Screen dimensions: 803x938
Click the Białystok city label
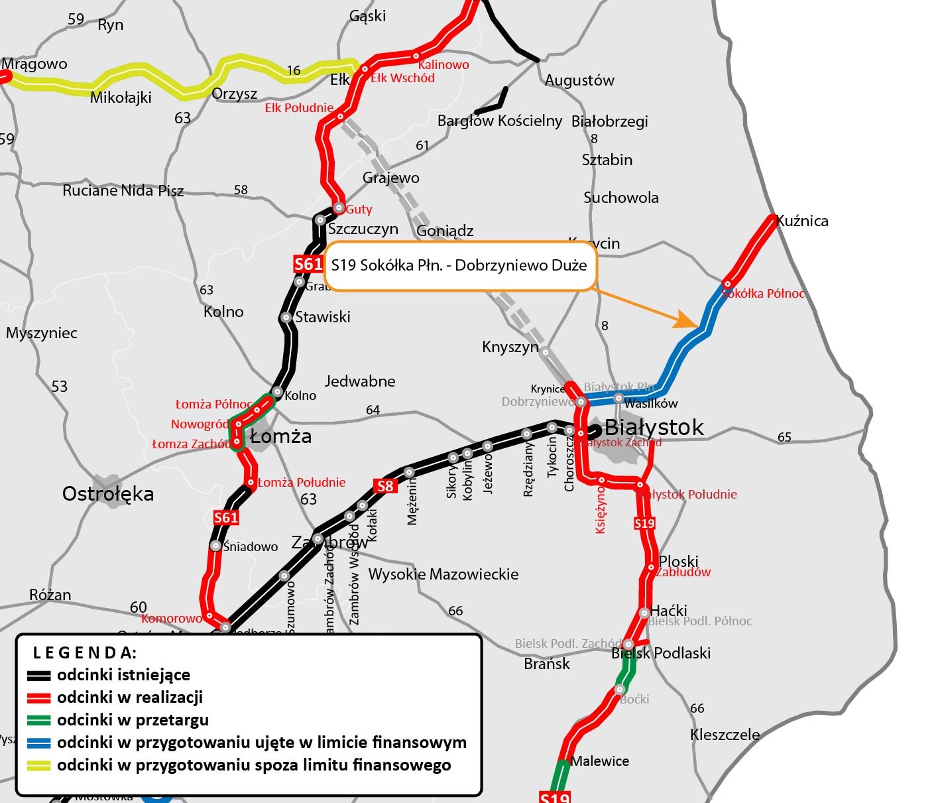coord(654,428)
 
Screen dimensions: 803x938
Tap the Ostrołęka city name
coord(108,494)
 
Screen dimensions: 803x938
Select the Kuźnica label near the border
coord(802,221)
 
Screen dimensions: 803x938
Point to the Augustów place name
coord(579,80)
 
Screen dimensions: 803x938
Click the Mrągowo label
coord(34,64)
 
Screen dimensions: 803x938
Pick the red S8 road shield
coord(385,486)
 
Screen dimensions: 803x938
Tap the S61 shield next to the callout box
coord(308,265)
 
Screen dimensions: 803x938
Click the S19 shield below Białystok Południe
coord(644,523)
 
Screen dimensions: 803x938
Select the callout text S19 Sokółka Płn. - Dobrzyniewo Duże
coord(459,266)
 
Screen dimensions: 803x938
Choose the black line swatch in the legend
coord(39,676)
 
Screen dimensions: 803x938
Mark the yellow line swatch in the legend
coord(39,765)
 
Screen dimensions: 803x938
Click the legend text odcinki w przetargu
coord(133,720)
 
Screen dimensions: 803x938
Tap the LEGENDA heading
coord(85,652)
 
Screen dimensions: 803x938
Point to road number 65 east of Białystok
coord(784,437)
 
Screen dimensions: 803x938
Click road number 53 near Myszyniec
coord(60,387)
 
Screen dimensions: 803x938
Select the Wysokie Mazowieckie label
coord(443,574)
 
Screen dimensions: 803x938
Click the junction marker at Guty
coord(339,208)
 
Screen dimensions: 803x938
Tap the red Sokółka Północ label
coord(764,294)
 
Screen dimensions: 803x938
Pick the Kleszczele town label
coord(725,735)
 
